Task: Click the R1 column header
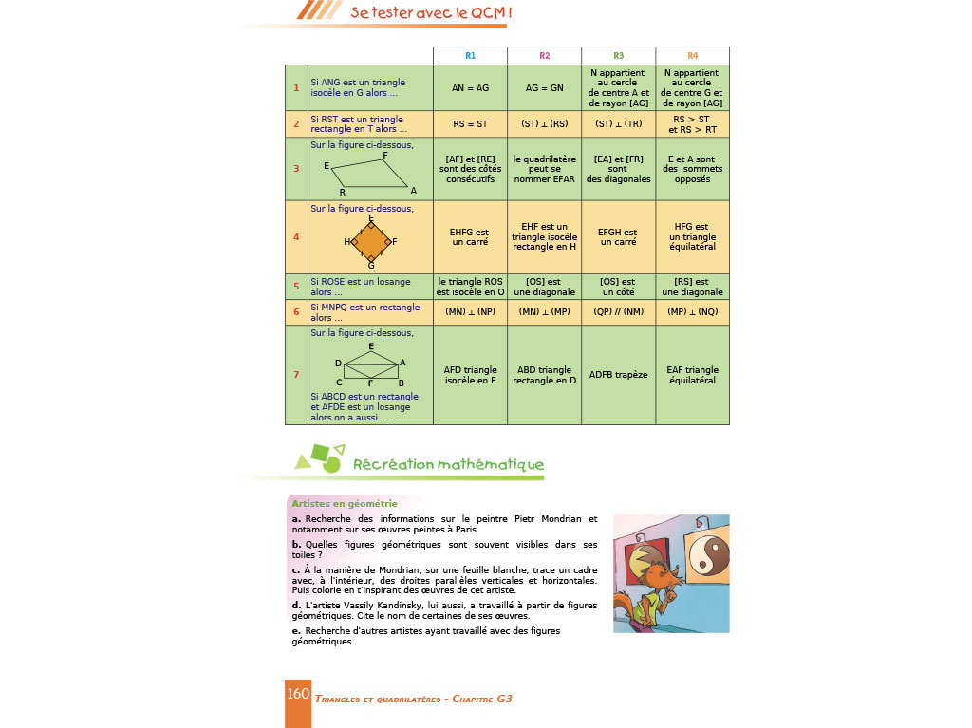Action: pyautogui.click(x=470, y=56)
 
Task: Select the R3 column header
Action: pyautogui.click(x=618, y=56)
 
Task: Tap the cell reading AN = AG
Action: pyautogui.click(x=470, y=87)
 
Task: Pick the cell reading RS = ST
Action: pyautogui.click(x=470, y=122)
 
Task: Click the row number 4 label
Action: pyautogui.click(x=296, y=237)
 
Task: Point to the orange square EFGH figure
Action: pyautogui.click(x=370, y=242)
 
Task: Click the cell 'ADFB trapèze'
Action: pyautogui.click(x=618, y=375)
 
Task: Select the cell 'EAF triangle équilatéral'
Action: pyautogui.click(x=692, y=375)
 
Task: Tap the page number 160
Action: pyautogui.click(x=298, y=694)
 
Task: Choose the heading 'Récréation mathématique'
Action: pyautogui.click(x=448, y=465)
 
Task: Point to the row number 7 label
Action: pyautogui.click(x=296, y=375)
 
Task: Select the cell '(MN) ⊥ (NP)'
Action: pyautogui.click(x=470, y=312)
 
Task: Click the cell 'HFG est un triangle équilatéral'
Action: pyautogui.click(x=692, y=237)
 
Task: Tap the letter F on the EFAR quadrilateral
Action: pyautogui.click(x=384, y=155)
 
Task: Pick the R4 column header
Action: pyautogui.click(x=692, y=56)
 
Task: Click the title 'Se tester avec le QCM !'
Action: pyautogui.click(x=431, y=12)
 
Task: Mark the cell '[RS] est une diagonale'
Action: pyautogui.click(x=692, y=287)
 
